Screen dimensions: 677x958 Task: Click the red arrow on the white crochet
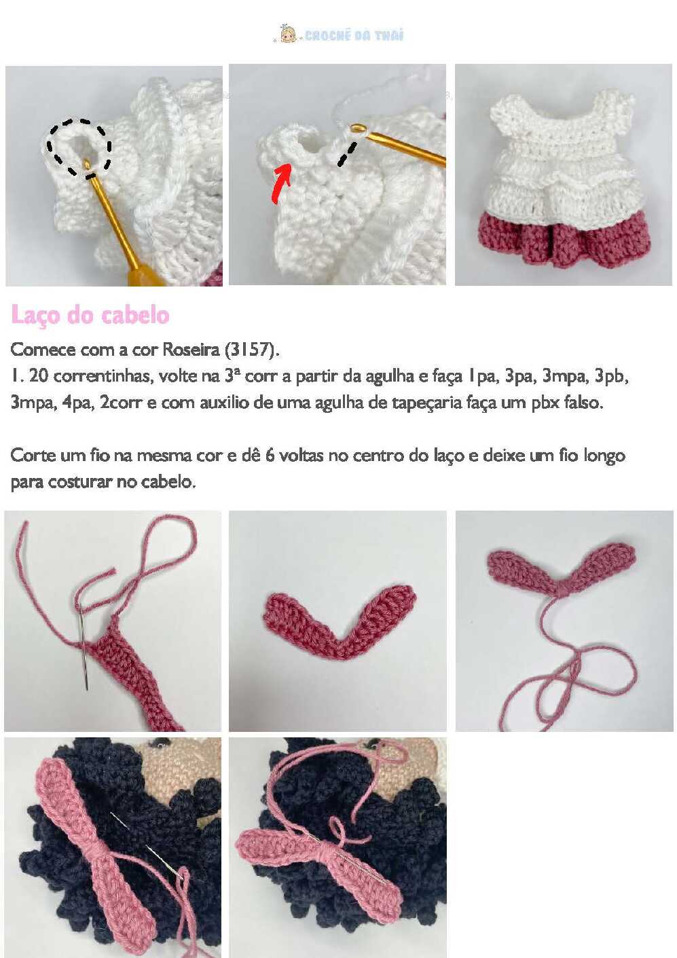(282, 183)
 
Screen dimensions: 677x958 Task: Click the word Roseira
(191, 350)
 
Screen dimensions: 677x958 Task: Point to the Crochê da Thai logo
(338, 35)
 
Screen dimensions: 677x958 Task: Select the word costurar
(80, 482)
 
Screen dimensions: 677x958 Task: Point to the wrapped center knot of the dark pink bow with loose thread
(563, 589)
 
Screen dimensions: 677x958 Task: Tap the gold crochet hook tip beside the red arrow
(358, 128)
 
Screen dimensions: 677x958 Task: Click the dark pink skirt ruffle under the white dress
(564, 240)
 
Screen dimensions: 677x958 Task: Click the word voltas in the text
(301, 456)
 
